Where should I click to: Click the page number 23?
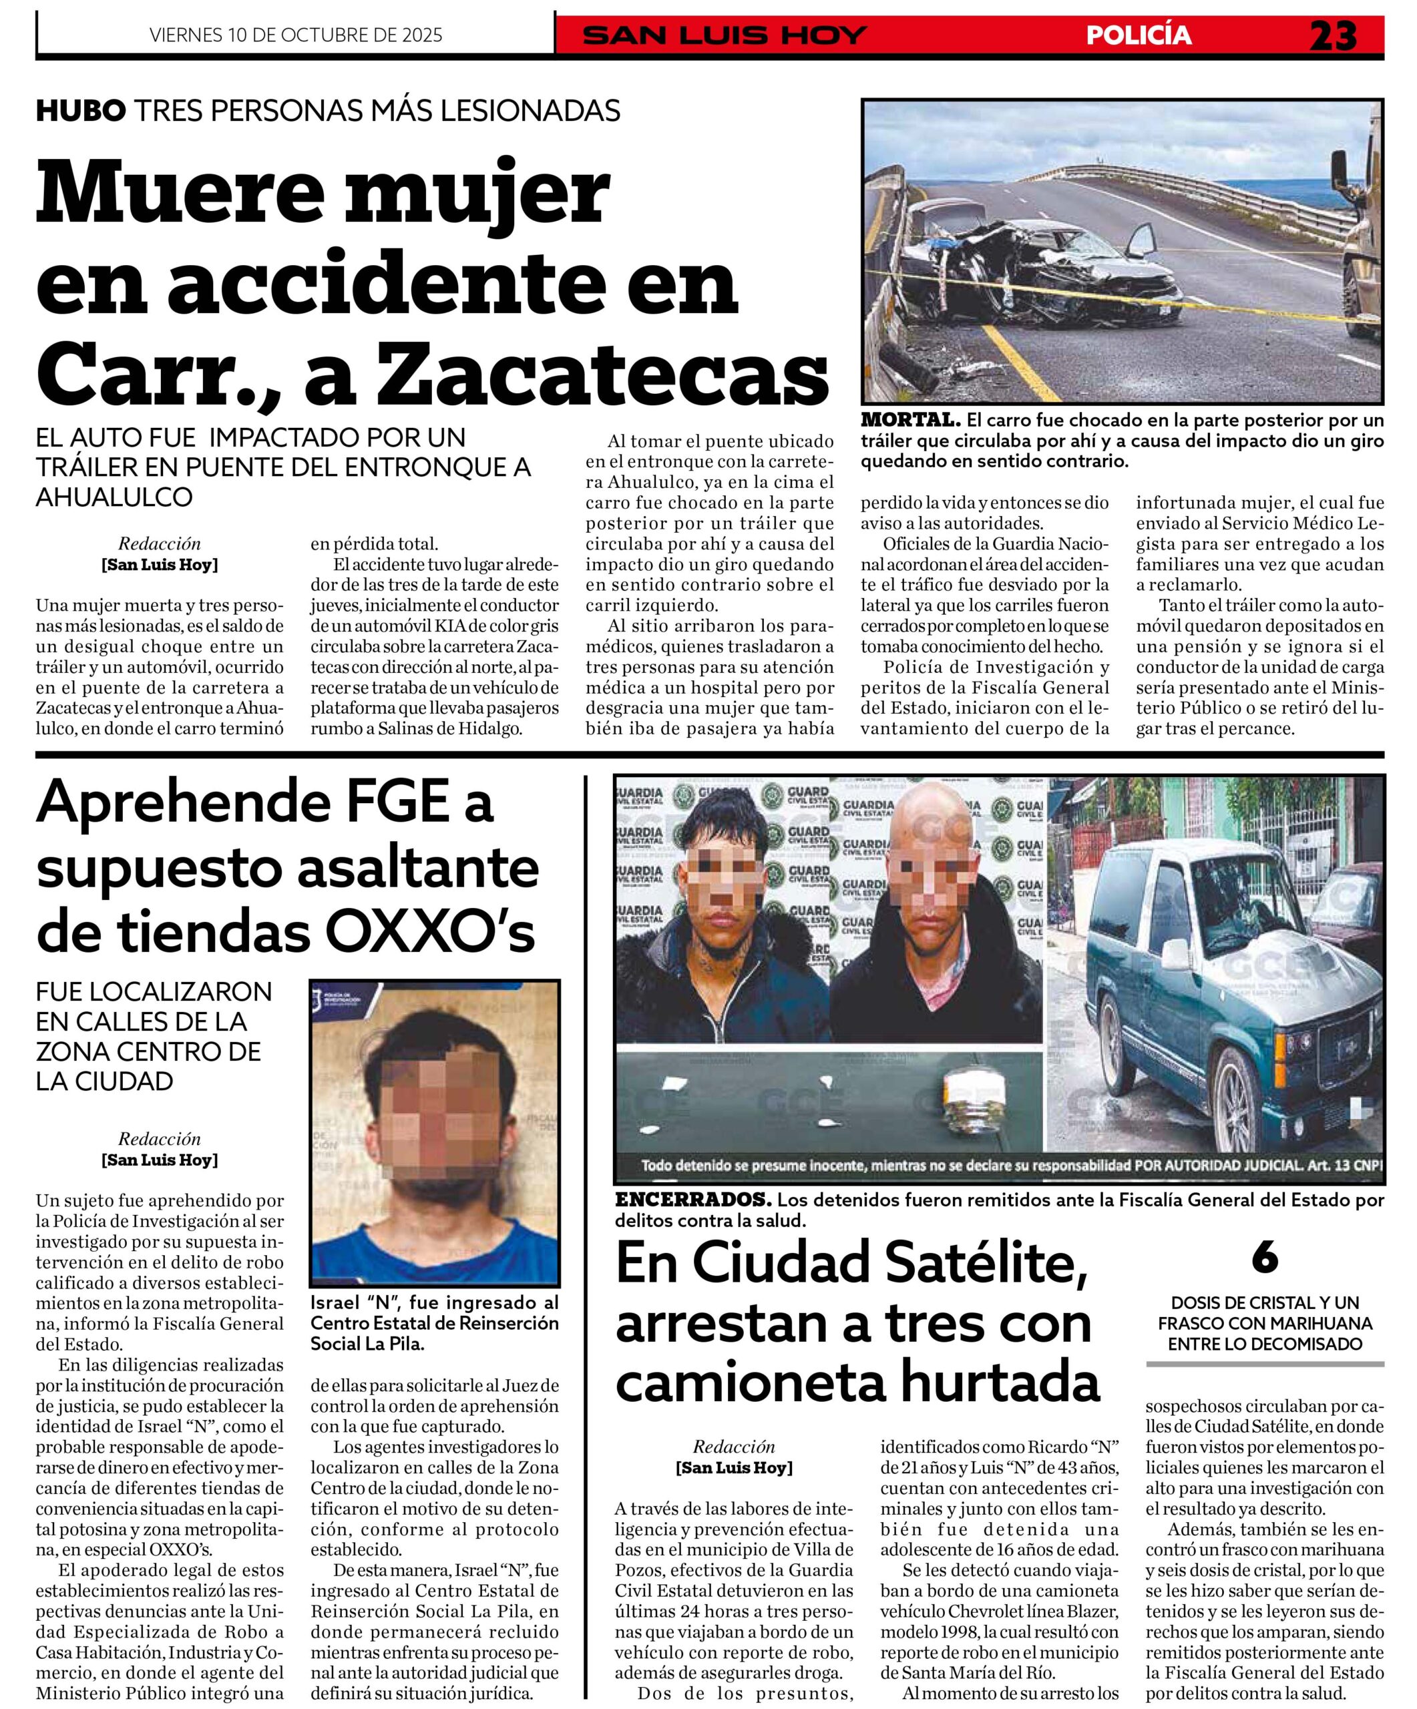1332,35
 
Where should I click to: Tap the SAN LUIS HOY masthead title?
725,35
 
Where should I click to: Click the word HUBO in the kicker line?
81,110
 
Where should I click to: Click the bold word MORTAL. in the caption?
910,421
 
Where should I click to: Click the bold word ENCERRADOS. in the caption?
692,1200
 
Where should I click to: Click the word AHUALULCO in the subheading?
114,497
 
